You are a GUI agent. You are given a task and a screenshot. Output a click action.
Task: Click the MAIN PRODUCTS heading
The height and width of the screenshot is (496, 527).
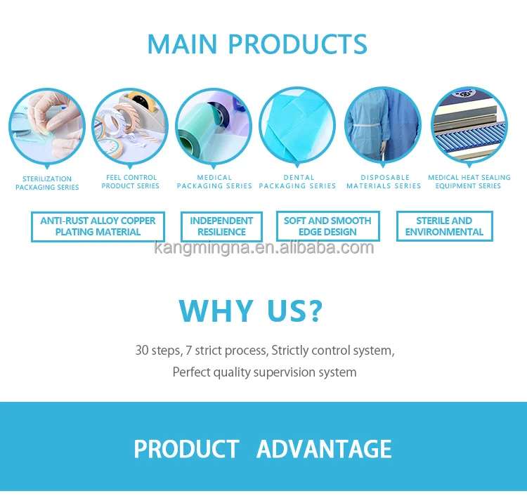pos(257,44)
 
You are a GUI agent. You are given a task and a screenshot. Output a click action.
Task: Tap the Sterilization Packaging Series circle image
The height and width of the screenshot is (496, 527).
pos(47,126)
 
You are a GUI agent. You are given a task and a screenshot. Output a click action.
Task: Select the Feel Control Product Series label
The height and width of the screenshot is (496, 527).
pos(131,181)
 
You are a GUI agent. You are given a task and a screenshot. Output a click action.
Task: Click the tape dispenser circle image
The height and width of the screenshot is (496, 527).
pos(130,126)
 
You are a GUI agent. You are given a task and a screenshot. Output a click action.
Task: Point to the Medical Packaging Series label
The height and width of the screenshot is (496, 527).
pos(214,181)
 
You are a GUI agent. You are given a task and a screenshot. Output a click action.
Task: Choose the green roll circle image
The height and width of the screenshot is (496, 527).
pos(214,126)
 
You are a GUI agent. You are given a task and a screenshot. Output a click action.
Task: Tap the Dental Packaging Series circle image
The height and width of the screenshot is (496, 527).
pos(297,126)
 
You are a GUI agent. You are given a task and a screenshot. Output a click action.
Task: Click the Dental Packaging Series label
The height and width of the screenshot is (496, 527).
pos(297,181)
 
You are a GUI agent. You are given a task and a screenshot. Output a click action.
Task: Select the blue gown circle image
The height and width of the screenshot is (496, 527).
pos(383,126)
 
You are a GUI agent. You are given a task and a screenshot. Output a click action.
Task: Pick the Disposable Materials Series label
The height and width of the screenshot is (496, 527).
pos(384,181)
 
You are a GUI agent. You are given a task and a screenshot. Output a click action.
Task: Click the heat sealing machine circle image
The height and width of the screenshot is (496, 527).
pos(469,126)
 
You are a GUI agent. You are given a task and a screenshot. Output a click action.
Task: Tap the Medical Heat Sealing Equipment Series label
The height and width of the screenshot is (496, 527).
pos(469,181)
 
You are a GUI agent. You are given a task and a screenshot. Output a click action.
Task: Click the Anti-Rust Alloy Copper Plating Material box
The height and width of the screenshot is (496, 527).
pos(98,226)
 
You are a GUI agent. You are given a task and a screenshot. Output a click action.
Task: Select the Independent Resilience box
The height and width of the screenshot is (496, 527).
pos(221,226)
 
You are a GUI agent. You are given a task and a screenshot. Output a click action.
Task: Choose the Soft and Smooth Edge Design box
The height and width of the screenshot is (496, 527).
pos(327,226)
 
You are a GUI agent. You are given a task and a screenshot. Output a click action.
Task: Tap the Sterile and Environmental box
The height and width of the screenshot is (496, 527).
pos(444,226)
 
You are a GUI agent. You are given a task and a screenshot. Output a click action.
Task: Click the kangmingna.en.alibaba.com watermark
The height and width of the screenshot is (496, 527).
pos(263,248)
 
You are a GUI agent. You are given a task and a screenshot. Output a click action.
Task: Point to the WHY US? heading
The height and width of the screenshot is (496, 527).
pos(250,311)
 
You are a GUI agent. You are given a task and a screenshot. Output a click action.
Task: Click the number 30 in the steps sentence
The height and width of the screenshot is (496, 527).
pos(142,351)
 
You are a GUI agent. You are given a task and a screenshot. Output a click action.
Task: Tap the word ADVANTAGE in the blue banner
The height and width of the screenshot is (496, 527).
pos(324,449)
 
